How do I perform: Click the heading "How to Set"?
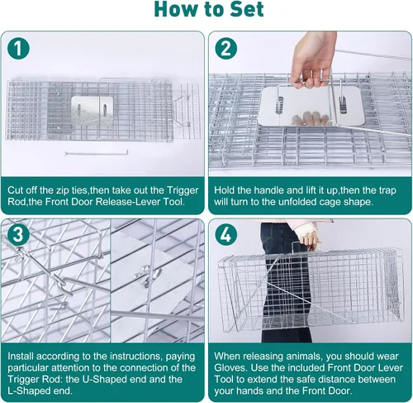click(x=209, y=9)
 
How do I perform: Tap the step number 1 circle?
click(x=18, y=48)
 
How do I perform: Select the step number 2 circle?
click(x=225, y=48)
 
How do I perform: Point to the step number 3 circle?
click(x=18, y=235)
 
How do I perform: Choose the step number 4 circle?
click(x=225, y=235)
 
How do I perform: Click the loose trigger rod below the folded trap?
click(x=97, y=153)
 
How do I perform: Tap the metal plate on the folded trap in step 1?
click(x=93, y=110)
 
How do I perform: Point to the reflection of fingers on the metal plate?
click(x=311, y=118)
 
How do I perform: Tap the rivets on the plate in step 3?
click(x=146, y=273)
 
